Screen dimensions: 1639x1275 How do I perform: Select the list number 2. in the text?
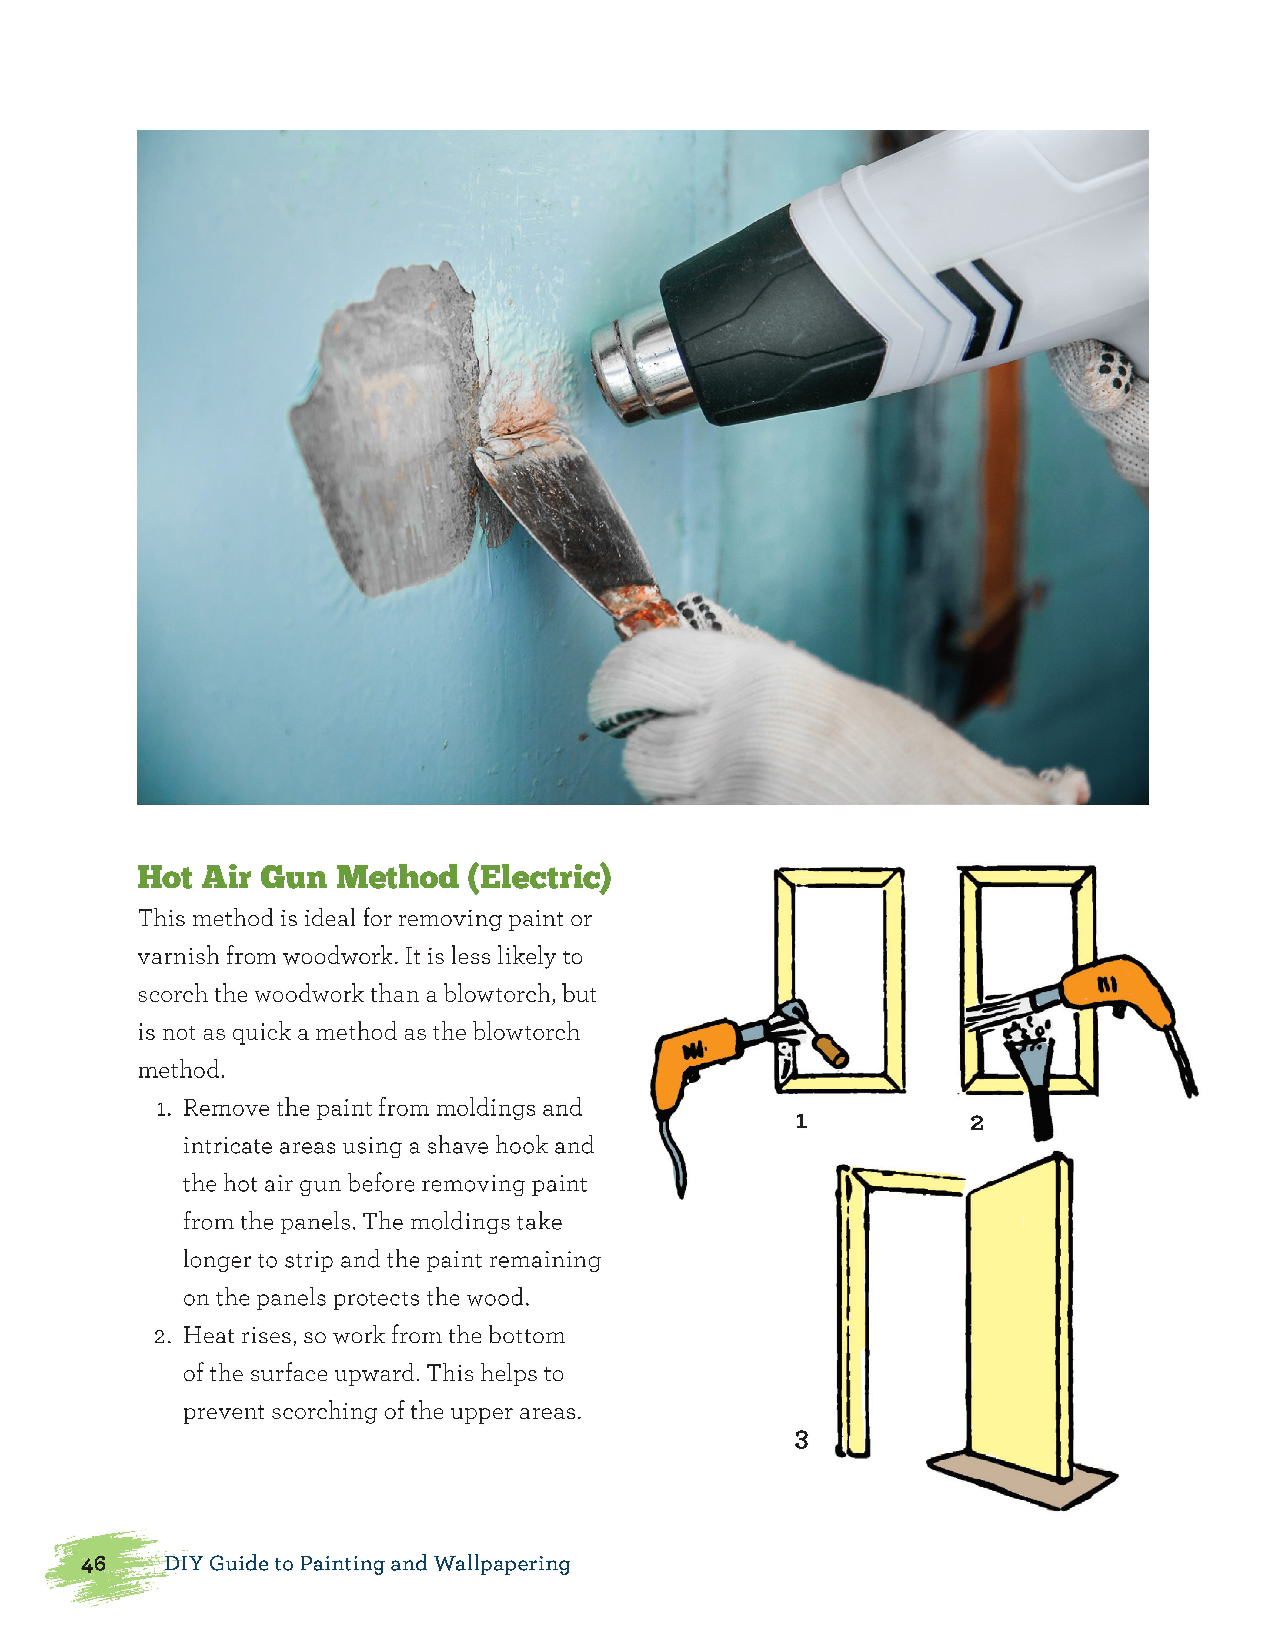pyautogui.click(x=164, y=1337)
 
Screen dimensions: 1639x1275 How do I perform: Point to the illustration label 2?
pyautogui.click(x=976, y=1123)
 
